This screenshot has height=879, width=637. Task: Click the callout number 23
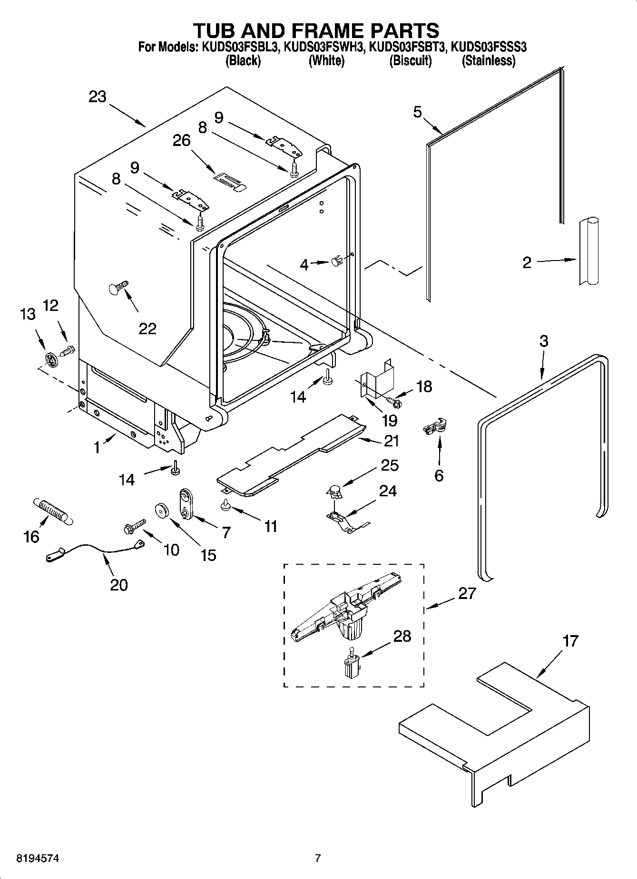pos(97,97)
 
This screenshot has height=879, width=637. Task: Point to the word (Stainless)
pos(489,61)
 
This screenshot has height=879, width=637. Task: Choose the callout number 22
pos(147,328)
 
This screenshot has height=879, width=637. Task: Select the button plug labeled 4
pos(336,261)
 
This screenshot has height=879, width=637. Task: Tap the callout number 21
pos(391,441)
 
